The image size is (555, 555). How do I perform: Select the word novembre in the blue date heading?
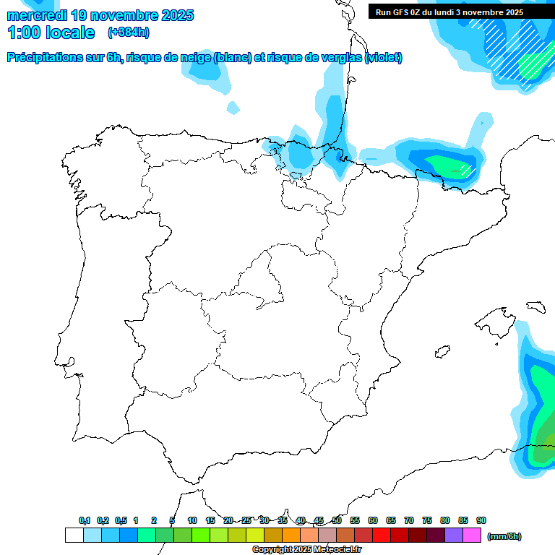(126, 15)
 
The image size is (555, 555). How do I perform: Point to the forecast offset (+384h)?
(128, 33)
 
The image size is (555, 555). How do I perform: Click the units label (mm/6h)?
(504, 536)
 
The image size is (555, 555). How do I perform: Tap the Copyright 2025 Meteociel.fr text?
(306, 550)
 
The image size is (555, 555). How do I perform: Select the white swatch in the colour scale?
(74, 535)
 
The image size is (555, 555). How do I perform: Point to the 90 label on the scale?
(481, 520)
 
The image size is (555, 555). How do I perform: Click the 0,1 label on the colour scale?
(84, 520)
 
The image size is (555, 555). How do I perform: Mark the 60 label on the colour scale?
(373, 520)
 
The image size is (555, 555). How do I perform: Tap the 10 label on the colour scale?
(192, 520)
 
